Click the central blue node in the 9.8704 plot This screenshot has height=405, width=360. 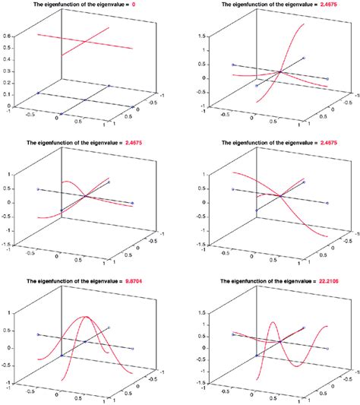[85, 342]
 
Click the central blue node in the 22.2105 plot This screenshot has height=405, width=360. [280, 342]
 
